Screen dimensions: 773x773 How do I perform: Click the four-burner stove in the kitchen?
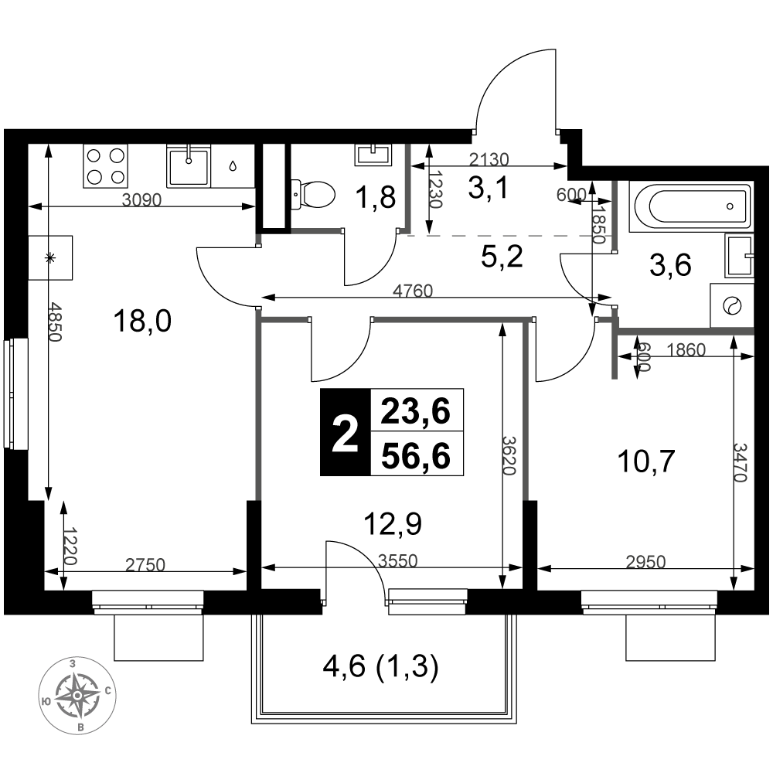pos(105,165)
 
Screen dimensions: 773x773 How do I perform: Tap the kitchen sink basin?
pos(189,165)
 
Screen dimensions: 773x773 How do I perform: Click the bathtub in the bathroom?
pos(690,206)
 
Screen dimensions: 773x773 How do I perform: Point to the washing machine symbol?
pos(731,305)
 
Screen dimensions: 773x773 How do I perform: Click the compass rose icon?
pos(77,695)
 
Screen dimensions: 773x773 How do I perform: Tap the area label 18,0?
pos(142,321)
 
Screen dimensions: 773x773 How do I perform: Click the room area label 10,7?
pos(645,462)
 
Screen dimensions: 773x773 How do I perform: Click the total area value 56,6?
pos(416,455)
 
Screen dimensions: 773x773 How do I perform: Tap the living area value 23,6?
pos(416,411)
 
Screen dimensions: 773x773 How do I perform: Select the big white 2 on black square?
pos(345,432)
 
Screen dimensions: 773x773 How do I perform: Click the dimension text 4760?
pos(413,291)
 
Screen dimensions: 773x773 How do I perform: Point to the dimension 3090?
pos(141,199)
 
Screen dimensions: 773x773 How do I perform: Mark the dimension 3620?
pos(509,455)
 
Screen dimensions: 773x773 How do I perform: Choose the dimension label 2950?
pos(645,561)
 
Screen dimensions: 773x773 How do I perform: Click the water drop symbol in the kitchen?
pos(233,165)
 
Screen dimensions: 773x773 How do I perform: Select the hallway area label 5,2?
pos(502,257)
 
